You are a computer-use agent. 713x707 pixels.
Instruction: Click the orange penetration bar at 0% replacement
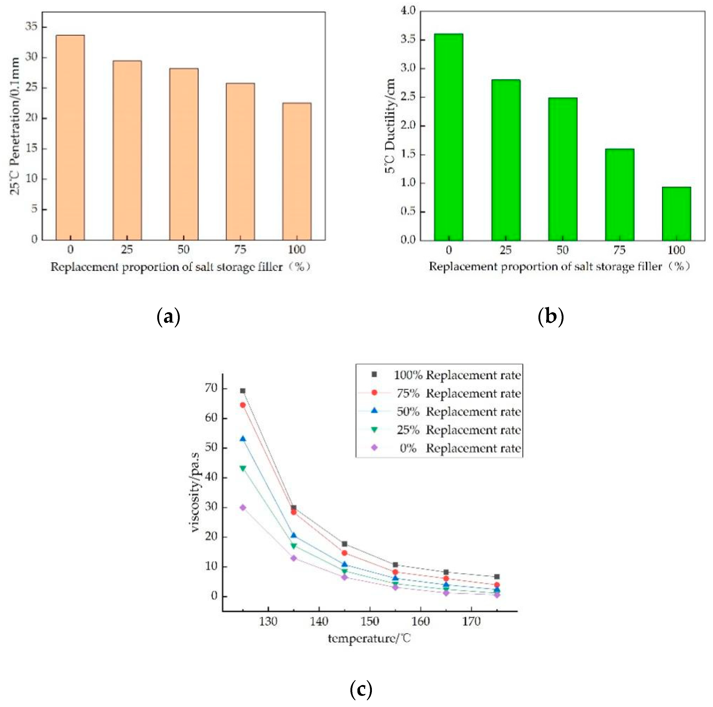[x=70, y=137]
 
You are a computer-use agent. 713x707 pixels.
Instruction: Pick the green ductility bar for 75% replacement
[x=619, y=195]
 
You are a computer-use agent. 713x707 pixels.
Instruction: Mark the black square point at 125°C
[x=243, y=391]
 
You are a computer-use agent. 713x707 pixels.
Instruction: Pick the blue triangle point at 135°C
[x=293, y=535]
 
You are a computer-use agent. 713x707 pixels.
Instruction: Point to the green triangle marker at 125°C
[x=243, y=468]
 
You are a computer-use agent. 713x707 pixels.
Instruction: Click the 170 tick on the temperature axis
[x=471, y=622]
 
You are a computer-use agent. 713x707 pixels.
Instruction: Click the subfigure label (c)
[x=361, y=689]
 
